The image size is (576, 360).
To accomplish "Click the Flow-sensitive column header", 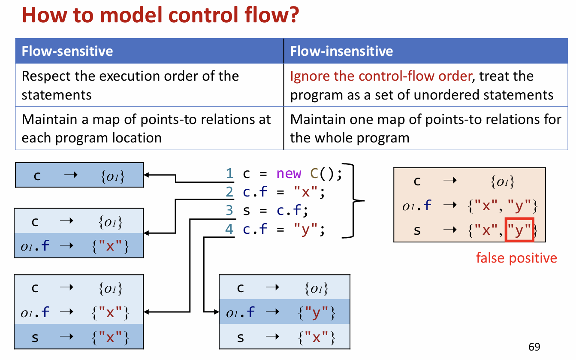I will tap(67, 51).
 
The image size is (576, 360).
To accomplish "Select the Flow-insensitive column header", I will tap(341, 51).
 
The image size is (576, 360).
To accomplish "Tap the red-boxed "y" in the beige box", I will tap(519, 231).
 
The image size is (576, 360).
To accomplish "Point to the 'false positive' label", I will tap(516, 258).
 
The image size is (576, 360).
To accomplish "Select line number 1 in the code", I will tap(230, 174).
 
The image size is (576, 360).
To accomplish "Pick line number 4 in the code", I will tap(230, 230).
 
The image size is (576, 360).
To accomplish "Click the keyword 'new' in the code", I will tap(289, 174).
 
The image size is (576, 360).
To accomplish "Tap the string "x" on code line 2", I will tap(306, 192).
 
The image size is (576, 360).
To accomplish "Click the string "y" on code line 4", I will tap(306, 230).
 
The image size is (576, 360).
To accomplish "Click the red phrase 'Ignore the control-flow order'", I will tap(381, 76).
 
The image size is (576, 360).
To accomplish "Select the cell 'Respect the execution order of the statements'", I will tap(130, 85).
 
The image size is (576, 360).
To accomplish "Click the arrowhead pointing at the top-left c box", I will tap(146, 175).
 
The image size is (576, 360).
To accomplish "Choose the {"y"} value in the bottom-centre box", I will tap(316, 314).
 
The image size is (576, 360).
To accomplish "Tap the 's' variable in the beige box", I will tap(417, 231).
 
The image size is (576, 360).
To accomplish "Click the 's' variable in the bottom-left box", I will tap(35, 337).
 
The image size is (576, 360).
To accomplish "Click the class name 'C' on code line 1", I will tap(314, 174).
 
